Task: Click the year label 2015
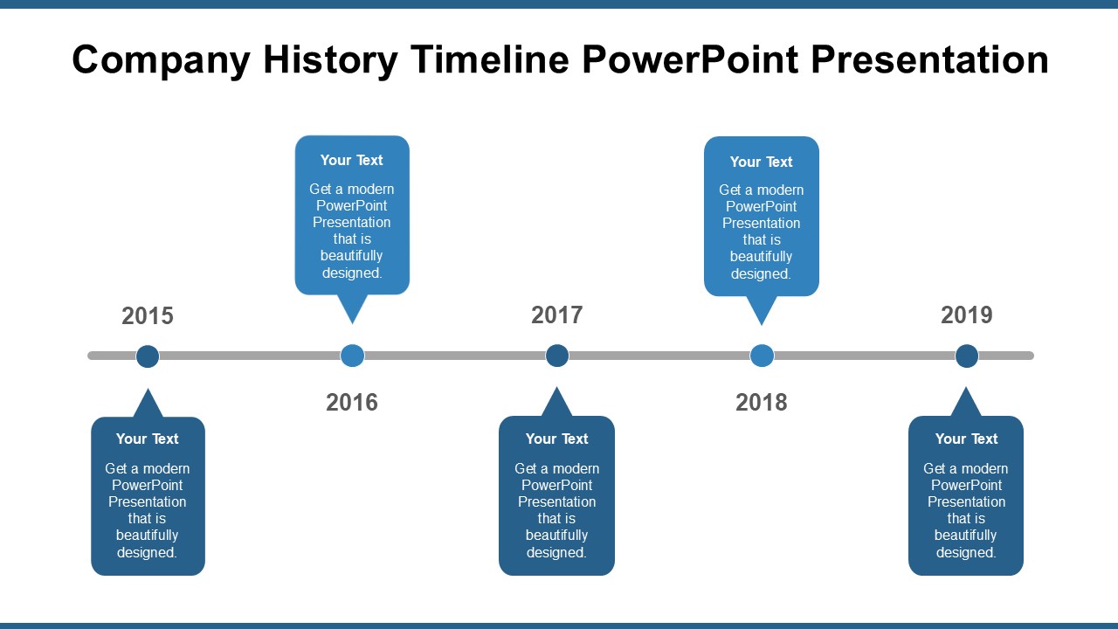(x=148, y=315)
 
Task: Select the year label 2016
(x=352, y=403)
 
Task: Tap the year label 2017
(x=557, y=315)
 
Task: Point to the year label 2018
(x=762, y=403)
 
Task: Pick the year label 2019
(x=967, y=315)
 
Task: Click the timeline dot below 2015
(x=148, y=356)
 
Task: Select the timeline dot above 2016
(x=352, y=356)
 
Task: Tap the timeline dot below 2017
(x=557, y=356)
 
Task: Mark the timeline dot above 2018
(x=762, y=356)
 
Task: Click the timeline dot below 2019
(x=967, y=356)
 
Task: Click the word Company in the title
(x=162, y=61)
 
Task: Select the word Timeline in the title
(x=490, y=59)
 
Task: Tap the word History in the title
(x=330, y=61)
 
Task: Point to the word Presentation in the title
(x=930, y=59)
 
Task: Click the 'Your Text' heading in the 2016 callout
(x=352, y=160)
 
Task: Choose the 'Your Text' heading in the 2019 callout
(x=966, y=439)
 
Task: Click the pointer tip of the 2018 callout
(x=762, y=326)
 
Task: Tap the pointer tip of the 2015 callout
(x=148, y=389)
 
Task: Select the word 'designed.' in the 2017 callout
(x=556, y=553)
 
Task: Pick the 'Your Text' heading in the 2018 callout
(x=761, y=162)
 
